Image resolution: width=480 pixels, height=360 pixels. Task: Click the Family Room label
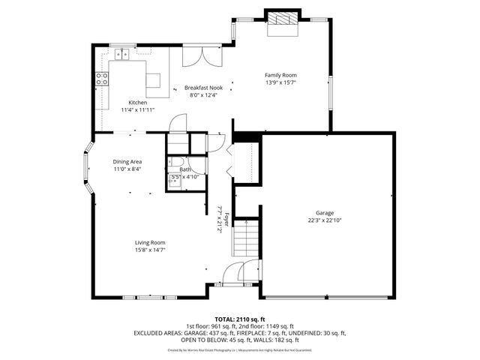[x=280, y=75]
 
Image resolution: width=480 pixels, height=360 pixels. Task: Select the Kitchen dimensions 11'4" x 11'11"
[x=137, y=109]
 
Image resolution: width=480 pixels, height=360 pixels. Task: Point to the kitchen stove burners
[x=100, y=79]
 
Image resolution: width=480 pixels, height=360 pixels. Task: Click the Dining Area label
[x=127, y=161]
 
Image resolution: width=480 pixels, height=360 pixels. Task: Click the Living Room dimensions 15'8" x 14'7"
[x=150, y=250]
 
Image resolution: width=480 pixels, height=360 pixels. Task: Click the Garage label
[x=325, y=213]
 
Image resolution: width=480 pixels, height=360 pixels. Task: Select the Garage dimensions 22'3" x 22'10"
[x=325, y=220]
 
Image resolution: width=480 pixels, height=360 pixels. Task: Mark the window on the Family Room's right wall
[x=331, y=91]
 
